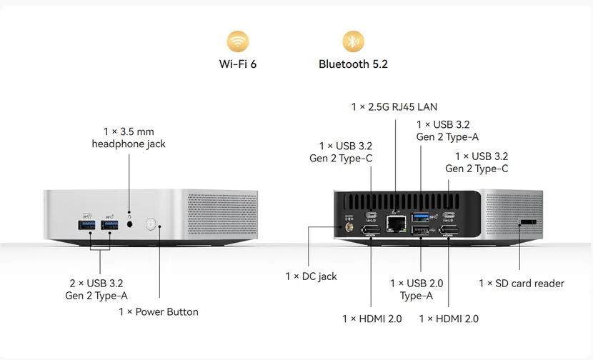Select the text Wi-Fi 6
[x=238, y=64]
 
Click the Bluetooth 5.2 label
[x=353, y=64]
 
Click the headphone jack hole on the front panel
[x=129, y=224]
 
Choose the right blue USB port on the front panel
[x=109, y=226]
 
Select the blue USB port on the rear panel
[x=421, y=216]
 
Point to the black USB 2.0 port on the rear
[x=421, y=230]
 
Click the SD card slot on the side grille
[x=529, y=224]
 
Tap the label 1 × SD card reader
[x=521, y=284]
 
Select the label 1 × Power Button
[x=158, y=311]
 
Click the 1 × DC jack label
[x=311, y=276]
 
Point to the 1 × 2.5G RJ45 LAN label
[x=394, y=107]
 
